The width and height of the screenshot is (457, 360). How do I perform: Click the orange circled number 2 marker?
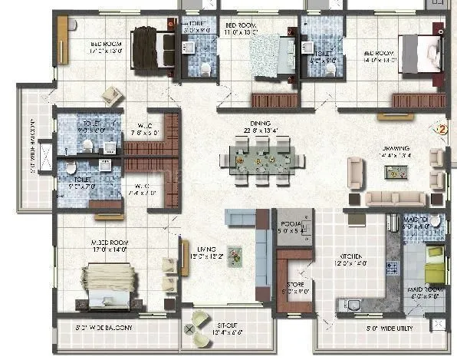pyautogui.click(x=441, y=128)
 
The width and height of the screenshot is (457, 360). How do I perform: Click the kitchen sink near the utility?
pyautogui.click(x=353, y=305)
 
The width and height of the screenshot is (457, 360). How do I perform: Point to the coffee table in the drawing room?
pyautogui.click(x=396, y=172)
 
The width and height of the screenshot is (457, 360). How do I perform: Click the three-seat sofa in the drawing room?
pyautogui.click(x=395, y=199)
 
